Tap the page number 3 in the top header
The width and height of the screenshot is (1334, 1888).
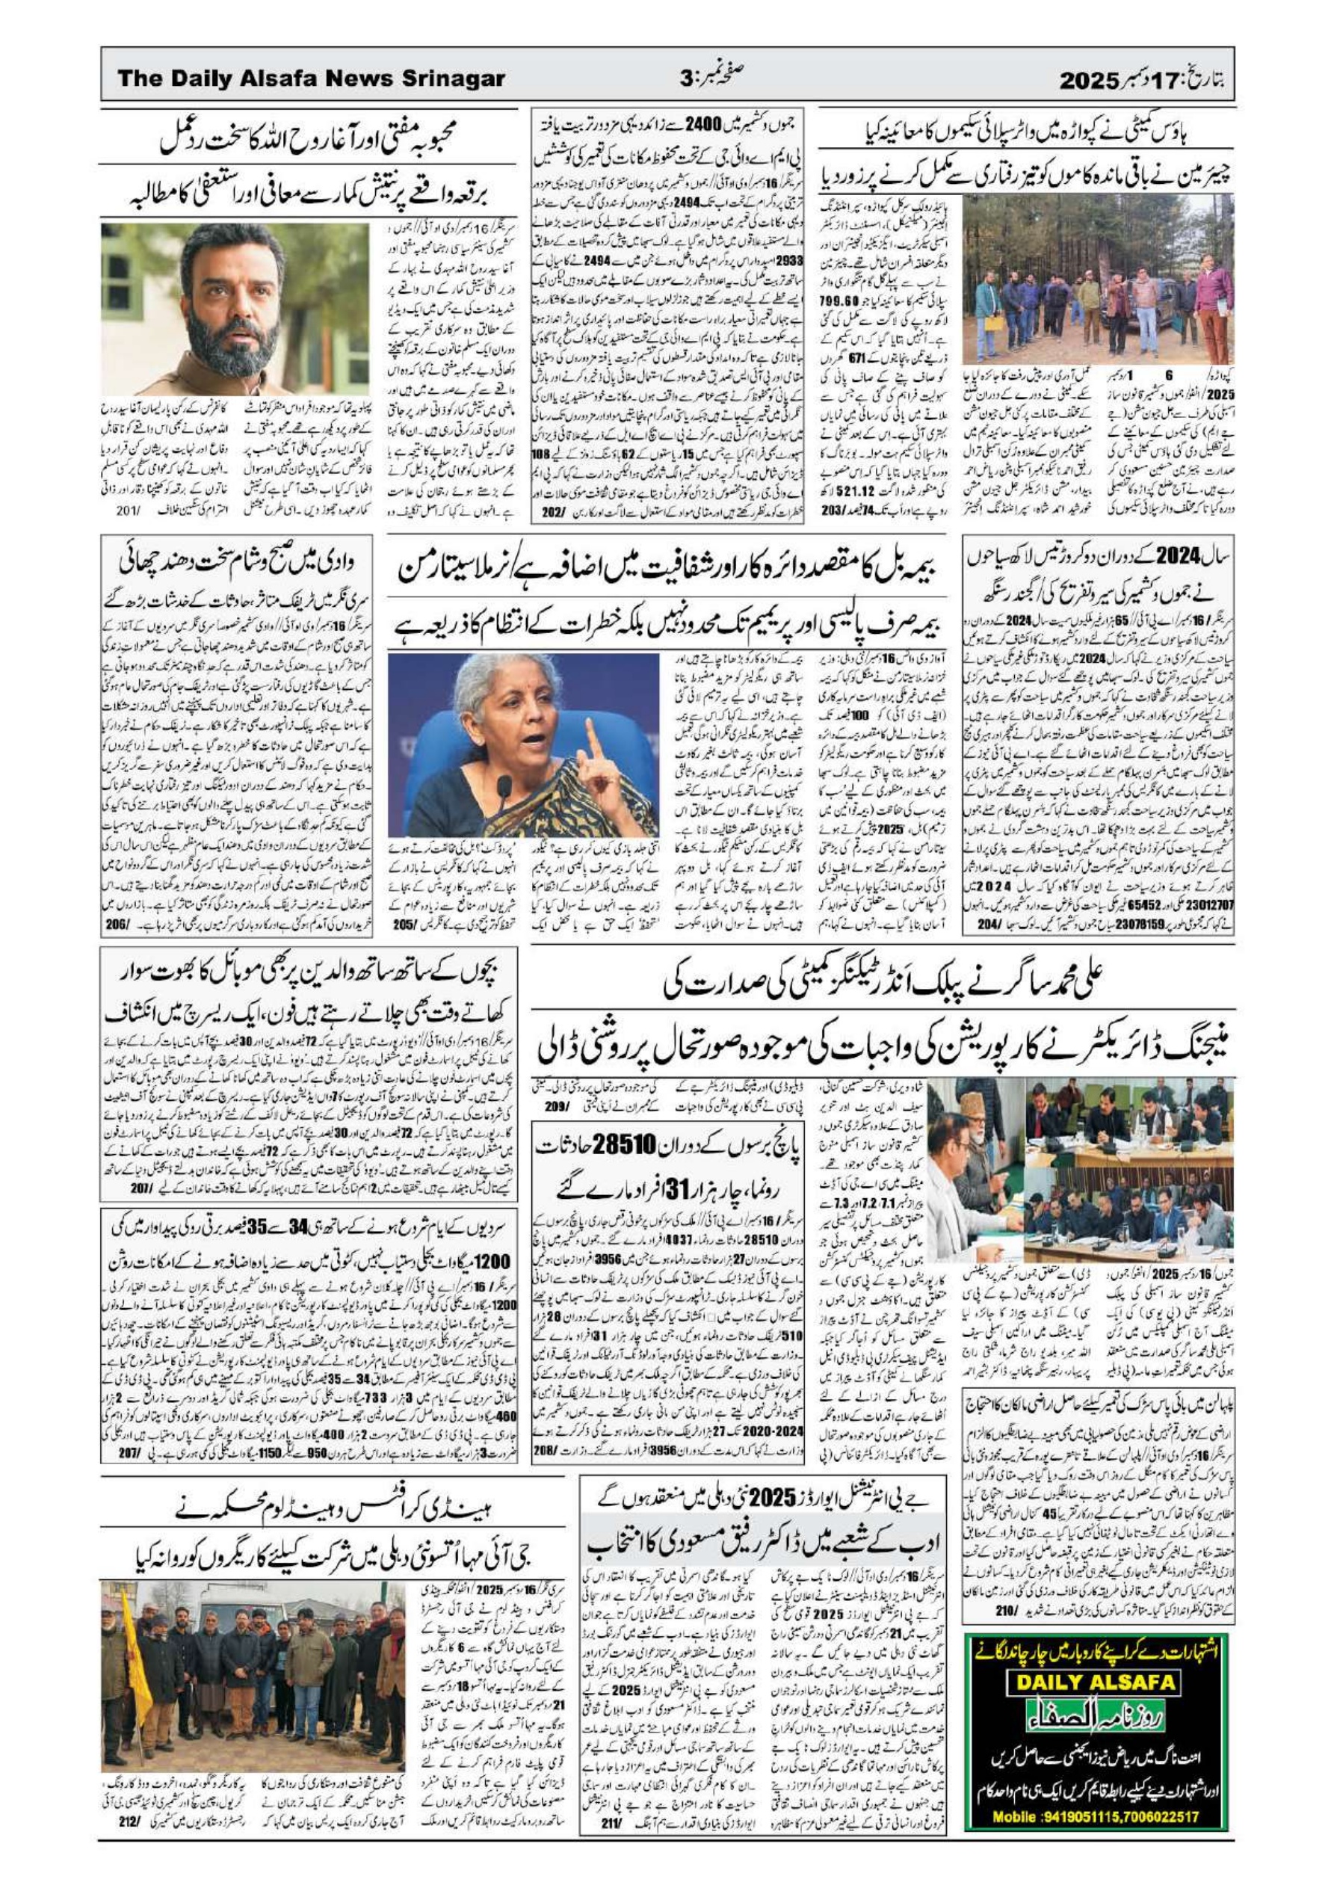tap(685, 79)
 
